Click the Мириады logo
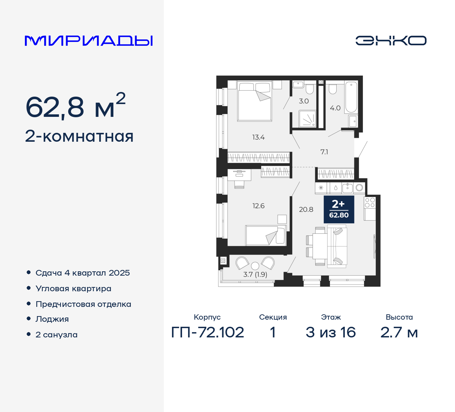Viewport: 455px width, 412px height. click(89, 40)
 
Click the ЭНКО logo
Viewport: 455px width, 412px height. click(391, 40)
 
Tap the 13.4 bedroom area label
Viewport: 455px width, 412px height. click(258, 137)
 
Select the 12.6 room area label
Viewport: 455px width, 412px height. click(258, 206)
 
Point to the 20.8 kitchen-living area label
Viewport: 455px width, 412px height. click(306, 210)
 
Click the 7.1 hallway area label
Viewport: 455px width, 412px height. click(324, 152)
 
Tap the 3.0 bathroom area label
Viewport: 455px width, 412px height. click(304, 101)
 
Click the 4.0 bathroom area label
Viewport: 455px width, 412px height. click(335, 108)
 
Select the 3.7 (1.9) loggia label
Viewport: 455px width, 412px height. click(255, 275)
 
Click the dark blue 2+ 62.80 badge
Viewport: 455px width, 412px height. click(339, 209)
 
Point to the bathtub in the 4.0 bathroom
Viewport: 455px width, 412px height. click(351, 97)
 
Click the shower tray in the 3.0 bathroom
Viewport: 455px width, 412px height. click(307, 119)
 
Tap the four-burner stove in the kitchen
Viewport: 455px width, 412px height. click(370, 203)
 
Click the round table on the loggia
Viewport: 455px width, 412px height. click(255, 266)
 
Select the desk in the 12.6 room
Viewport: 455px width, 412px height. click(239, 174)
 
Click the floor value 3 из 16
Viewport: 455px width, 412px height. click(331, 332)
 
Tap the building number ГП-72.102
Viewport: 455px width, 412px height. click(208, 332)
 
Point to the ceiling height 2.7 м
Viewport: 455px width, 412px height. click(399, 332)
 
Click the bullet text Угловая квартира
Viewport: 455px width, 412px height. click(73, 288)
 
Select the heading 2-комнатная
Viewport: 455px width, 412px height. click(79, 136)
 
